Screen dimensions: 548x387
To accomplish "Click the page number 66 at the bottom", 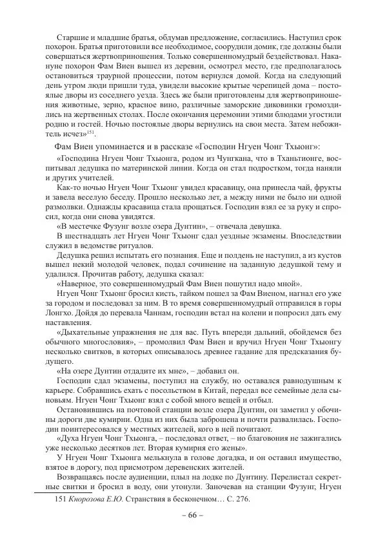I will tap(193, 515).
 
